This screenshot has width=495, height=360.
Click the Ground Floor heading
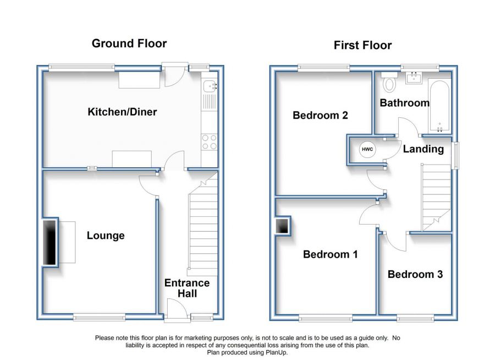(x=129, y=43)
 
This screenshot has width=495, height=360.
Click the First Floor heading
(x=362, y=45)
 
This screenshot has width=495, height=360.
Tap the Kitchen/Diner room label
(x=122, y=112)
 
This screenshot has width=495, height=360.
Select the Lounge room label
(x=106, y=236)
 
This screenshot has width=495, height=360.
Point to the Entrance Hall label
(x=187, y=288)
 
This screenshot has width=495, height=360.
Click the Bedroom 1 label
(x=331, y=254)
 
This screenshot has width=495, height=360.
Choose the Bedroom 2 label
(x=320, y=116)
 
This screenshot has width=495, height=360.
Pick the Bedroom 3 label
(x=415, y=274)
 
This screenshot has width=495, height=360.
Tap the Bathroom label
(x=404, y=103)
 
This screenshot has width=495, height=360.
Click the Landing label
(x=423, y=149)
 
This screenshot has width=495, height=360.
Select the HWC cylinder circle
(x=366, y=149)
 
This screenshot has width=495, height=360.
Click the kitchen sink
(x=209, y=86)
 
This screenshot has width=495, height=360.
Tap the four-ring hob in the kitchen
(x=209, y=142)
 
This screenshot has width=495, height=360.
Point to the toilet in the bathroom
(x=390, y=83)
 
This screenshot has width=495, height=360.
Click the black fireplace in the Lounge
(x=50, y=242)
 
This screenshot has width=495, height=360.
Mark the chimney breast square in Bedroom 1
(x=283, y=226)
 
